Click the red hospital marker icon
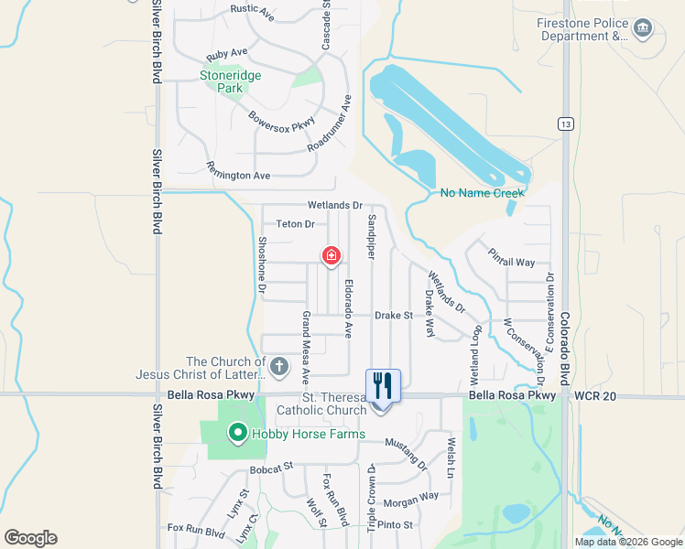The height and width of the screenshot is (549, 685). (x=331, y=256)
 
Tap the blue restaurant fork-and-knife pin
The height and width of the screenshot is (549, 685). (x=383, y=385)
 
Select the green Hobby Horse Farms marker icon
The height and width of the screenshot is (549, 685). (x=237, y=433)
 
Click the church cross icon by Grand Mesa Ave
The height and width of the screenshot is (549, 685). (x=279, y=368)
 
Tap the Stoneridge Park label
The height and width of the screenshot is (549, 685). (x=223, y=82)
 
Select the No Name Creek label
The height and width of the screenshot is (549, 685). (x=482, y=193)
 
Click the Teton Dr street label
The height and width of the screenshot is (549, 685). (x=296, y=224)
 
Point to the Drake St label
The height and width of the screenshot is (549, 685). (x=395, y=316)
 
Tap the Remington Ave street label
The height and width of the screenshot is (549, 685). (x=238, y=170)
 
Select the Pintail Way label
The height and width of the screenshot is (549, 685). (x=511, y=257)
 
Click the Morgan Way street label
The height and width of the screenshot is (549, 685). (x=410, y=500)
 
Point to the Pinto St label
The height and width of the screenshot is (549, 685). (x=396, y=525)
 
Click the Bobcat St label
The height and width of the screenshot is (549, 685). (x=270, y=467)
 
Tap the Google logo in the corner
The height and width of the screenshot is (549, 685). (x=30, y=538)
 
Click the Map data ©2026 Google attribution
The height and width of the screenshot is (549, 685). (x=628, y=542)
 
